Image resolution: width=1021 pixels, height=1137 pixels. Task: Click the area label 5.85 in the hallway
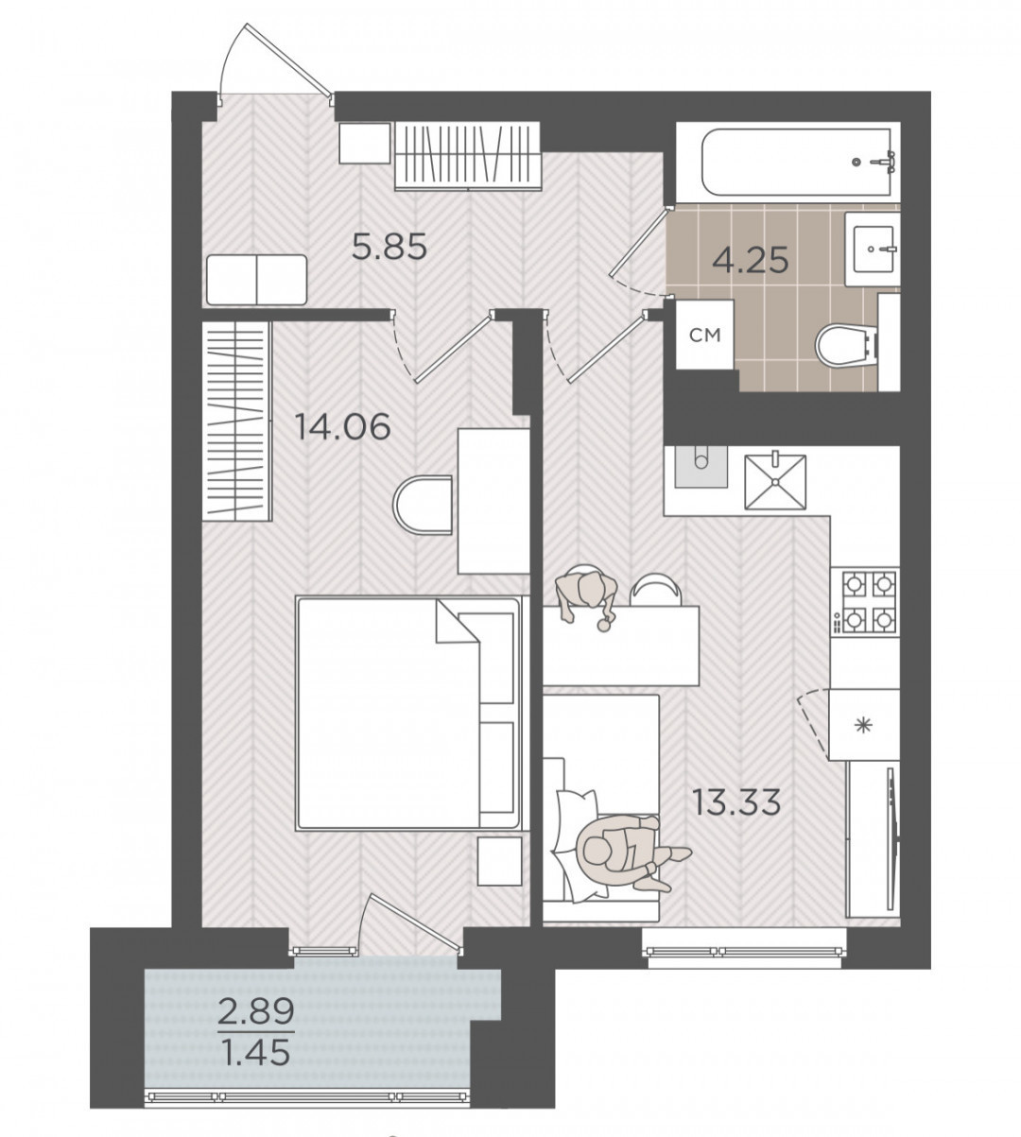[389, 248]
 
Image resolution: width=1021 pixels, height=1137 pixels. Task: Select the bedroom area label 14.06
[342, 426]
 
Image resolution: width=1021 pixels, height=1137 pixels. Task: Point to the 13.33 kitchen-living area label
[737, 802]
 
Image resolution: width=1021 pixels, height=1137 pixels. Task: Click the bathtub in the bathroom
[788, 163]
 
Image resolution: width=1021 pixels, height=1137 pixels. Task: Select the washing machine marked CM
[705, 335]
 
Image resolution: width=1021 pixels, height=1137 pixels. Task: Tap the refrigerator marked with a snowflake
[864, 725]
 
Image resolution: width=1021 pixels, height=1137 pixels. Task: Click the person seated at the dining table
[586, 596]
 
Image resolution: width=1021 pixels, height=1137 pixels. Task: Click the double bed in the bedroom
[408, 713]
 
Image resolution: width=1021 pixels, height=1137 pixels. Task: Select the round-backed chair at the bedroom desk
[424, 505]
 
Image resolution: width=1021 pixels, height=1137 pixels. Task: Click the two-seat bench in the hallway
[256, 280]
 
